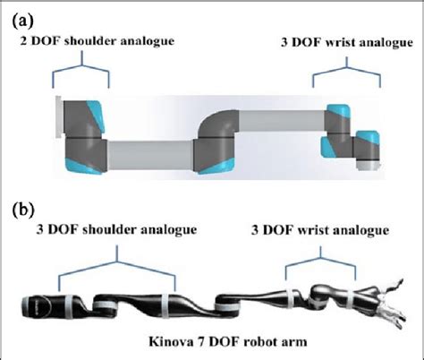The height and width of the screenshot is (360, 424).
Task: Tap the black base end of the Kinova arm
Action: tap(36, 307)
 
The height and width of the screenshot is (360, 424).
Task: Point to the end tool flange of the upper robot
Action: tap(368, 152)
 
